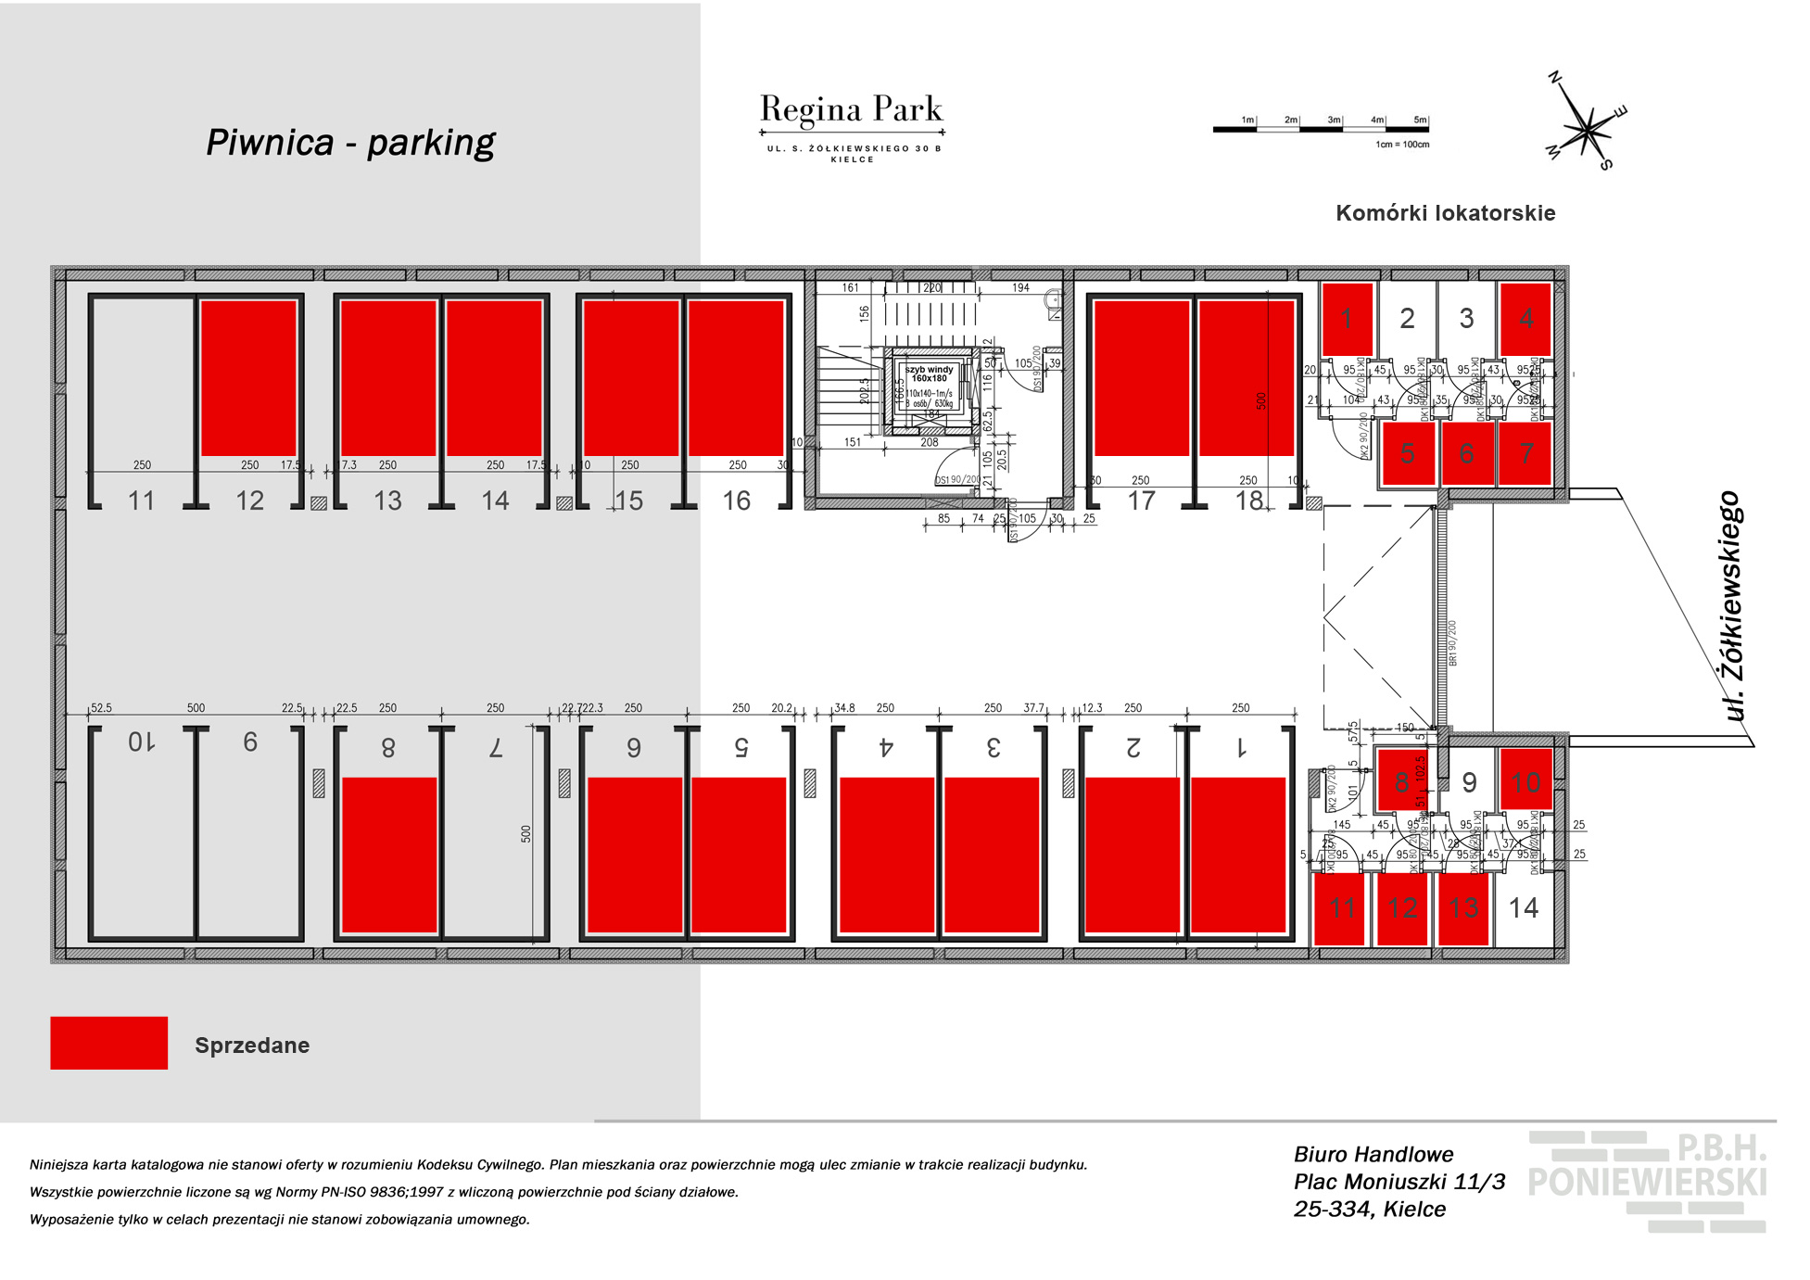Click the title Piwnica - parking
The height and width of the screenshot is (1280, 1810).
click(x=350, y=142)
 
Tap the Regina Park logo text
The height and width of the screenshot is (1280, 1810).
click(x=851, y=110)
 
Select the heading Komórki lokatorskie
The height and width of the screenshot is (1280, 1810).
click(x=1445, y=213)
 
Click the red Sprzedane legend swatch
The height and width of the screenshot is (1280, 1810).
click(x=108, y=1043)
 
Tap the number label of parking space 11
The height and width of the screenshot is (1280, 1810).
click(x=141, y=501)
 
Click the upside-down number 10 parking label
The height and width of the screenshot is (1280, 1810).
click(x=141, y=741)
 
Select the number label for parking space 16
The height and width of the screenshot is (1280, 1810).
click(x=736, y=501)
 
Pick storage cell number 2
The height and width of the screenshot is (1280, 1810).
click(x=1407, y=319)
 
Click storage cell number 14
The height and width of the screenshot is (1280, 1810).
click(x=1524, y=907)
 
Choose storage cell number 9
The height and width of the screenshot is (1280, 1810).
click(x=1469, y=783)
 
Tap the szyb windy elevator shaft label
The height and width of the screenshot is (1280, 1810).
click(x=929, y=374)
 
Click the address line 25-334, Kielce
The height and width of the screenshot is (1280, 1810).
click(x=1370, y=1209)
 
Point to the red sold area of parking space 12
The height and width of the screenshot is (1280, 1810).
click(x=248, y=377)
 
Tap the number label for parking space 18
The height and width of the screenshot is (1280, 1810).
click(x=1248, y=501)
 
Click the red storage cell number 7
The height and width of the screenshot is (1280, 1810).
click(x=1525, y=453)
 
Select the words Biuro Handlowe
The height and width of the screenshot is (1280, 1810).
click(x=1373, y=1154)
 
